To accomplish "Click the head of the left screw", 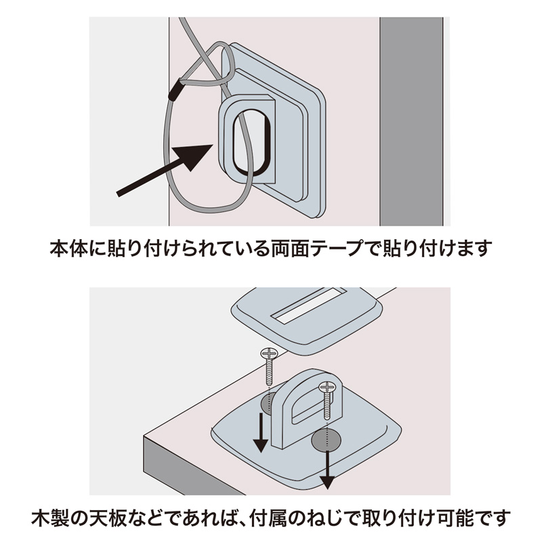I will (268, 353).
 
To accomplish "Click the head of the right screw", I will (326, 388).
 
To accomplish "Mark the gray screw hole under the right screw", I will (325, 440).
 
